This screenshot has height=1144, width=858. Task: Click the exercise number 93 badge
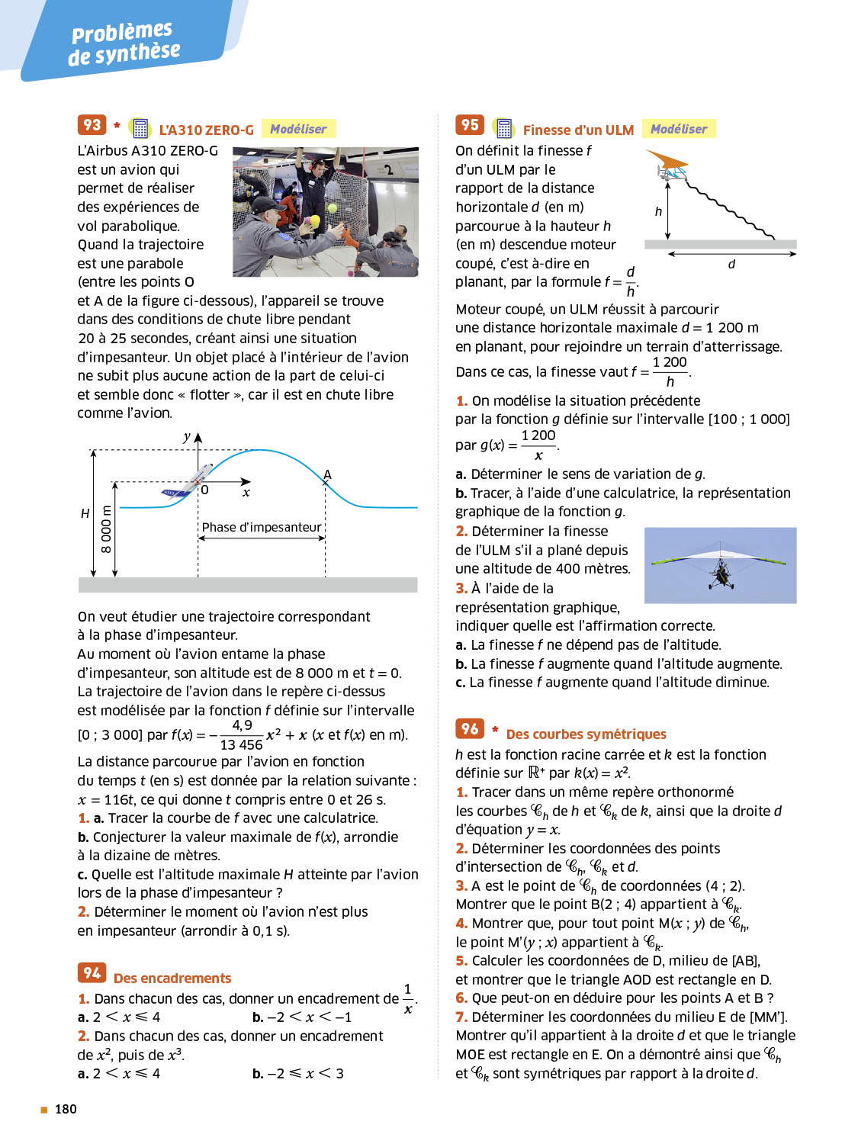point(92,125)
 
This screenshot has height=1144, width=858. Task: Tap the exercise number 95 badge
point(470,125)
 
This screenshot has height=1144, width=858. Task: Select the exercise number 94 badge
point(92,972)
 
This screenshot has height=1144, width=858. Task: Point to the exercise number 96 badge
point(470,728)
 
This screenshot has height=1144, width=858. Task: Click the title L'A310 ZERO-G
point(206,130)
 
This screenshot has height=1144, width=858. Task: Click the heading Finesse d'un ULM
point(578,130)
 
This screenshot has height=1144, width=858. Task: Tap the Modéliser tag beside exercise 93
point(298,129)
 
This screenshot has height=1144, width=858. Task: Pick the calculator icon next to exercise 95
point(503,128)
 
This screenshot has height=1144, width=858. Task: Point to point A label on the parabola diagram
point(327,475)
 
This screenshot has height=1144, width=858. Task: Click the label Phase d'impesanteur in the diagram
point(262,527)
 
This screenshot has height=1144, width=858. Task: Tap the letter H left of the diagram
point(85,513)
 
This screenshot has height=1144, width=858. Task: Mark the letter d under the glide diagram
point(731,264)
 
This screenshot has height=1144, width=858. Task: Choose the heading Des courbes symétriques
point(586,734)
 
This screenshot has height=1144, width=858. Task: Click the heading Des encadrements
point(172,979)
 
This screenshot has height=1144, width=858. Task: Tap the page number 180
point(66,1109)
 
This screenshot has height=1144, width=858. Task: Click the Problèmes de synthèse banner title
point(124,43)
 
